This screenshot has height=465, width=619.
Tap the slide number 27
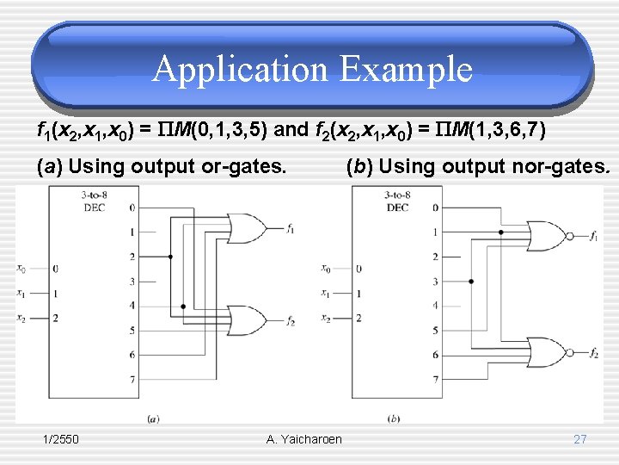(x=580, y=439)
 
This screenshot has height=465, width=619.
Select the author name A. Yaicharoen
(x=304, y=439)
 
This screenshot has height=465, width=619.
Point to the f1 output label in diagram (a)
(x=291, y=229)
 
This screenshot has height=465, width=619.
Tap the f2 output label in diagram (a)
(x=291, y=322)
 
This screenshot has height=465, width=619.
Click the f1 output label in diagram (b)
(x=594, y=235)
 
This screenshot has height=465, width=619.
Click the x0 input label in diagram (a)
(x=21, y=269)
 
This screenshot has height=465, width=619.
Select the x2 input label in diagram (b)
(x=326, y=318)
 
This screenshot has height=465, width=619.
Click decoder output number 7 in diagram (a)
(x=132, y=379)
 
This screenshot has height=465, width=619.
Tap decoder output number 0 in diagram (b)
(x=435, y=208)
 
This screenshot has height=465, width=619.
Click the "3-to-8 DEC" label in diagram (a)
(x=94, y=201)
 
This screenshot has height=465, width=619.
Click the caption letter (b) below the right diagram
(x=394, y=419)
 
